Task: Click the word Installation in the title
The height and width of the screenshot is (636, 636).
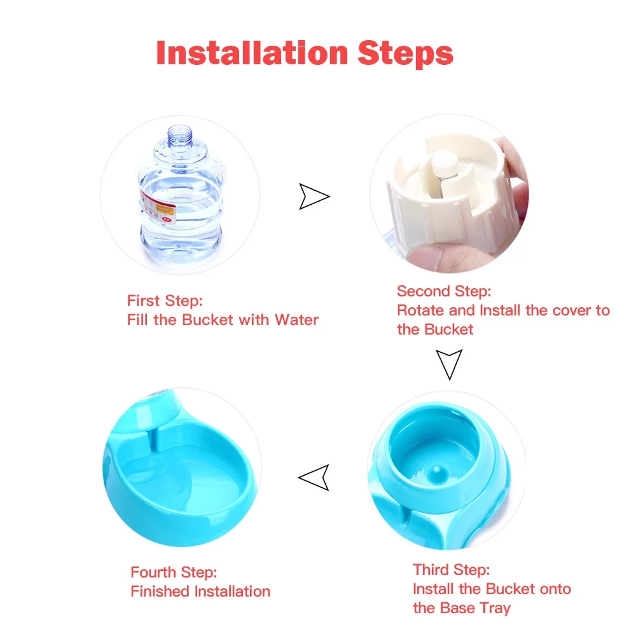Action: pyautogui.click(x=252, y=53)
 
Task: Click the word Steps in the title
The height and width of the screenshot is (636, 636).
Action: pyautogui.click(x=405, y=53)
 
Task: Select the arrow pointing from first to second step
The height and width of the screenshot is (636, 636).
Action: pyautogui.click(x=314, y=197)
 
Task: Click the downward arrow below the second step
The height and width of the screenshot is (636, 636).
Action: pyautogui.click(x=449, y=364)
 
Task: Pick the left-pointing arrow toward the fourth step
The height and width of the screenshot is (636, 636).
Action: pyautogui.click(x=315, y=476)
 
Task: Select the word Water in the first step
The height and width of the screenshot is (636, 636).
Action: pyautogui.click(x=296, y=319)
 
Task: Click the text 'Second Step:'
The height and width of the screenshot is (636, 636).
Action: pyautogui.click(x=444, y=291)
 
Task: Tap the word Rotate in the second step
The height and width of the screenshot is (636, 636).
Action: pyautogui.click(x=418, y=310)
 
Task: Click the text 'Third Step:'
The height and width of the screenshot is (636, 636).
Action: pyautogui.click(x=451, y=569)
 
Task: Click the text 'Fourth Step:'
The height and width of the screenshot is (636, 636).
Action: pyautogui.click(x=174, y=572)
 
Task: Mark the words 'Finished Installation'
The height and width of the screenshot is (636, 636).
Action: pyautogui.click(x=200, y=591)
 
